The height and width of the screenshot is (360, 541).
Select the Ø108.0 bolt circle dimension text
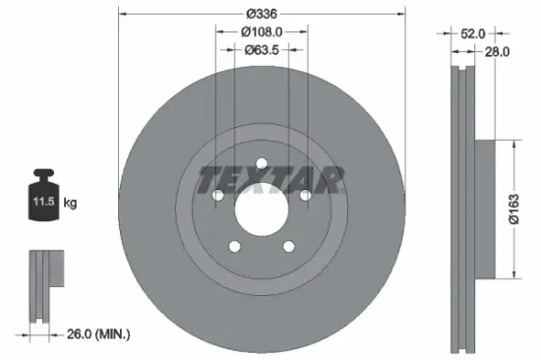click(x=261, y=32)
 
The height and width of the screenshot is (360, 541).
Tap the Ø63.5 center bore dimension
click(x=261, y=49)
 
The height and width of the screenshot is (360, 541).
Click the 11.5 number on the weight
click(x=43, y=203)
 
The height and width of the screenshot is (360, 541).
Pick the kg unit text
click(x=70, y=203)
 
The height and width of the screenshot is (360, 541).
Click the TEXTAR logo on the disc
click(x=272, y=179)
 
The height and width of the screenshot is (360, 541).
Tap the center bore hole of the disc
click(x=261, y=208)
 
